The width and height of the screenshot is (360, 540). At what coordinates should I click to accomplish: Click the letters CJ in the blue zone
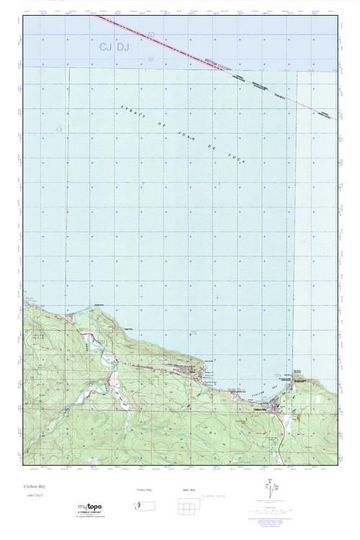point(106,46)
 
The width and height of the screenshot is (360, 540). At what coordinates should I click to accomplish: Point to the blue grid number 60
point(150,34)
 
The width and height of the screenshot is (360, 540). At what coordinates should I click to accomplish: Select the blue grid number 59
point(150,59)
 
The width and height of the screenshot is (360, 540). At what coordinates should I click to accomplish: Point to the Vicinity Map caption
point(145,489)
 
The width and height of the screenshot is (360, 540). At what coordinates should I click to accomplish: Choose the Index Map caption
point(188,489)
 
